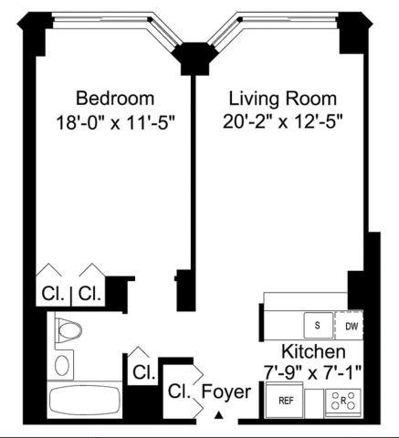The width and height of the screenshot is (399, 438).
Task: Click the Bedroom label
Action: coord(115,99)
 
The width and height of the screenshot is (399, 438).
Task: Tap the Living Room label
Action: coord(283,99)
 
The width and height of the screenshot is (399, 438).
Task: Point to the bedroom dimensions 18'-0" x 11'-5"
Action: coord(116,122)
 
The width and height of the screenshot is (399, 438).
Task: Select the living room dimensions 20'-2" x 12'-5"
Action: coord(283,121)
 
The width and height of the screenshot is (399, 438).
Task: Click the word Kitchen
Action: coord(313,351)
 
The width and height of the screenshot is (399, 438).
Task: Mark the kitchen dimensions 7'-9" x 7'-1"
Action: coord(312,372)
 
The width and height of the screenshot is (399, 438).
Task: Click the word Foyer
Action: coord(226,391)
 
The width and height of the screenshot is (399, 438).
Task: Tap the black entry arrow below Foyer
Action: coord(218,415)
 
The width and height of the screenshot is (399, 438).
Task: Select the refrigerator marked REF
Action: coord(284,401)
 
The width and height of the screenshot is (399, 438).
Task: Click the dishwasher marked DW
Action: coord(349,326)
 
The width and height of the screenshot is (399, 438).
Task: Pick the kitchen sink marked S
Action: coord(319,325)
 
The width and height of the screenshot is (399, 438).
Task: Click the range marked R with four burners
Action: coord(343,401)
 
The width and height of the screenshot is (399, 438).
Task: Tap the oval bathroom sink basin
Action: coord(62,365)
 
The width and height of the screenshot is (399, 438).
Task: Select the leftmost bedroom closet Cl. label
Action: coord(53,294)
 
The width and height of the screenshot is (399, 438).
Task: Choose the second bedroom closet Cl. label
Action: coord(89,294)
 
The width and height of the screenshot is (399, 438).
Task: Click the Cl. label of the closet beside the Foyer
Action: coord(179,391)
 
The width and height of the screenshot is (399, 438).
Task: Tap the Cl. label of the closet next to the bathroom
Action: coord(144,371)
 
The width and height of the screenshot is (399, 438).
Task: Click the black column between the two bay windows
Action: coord(194,58)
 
